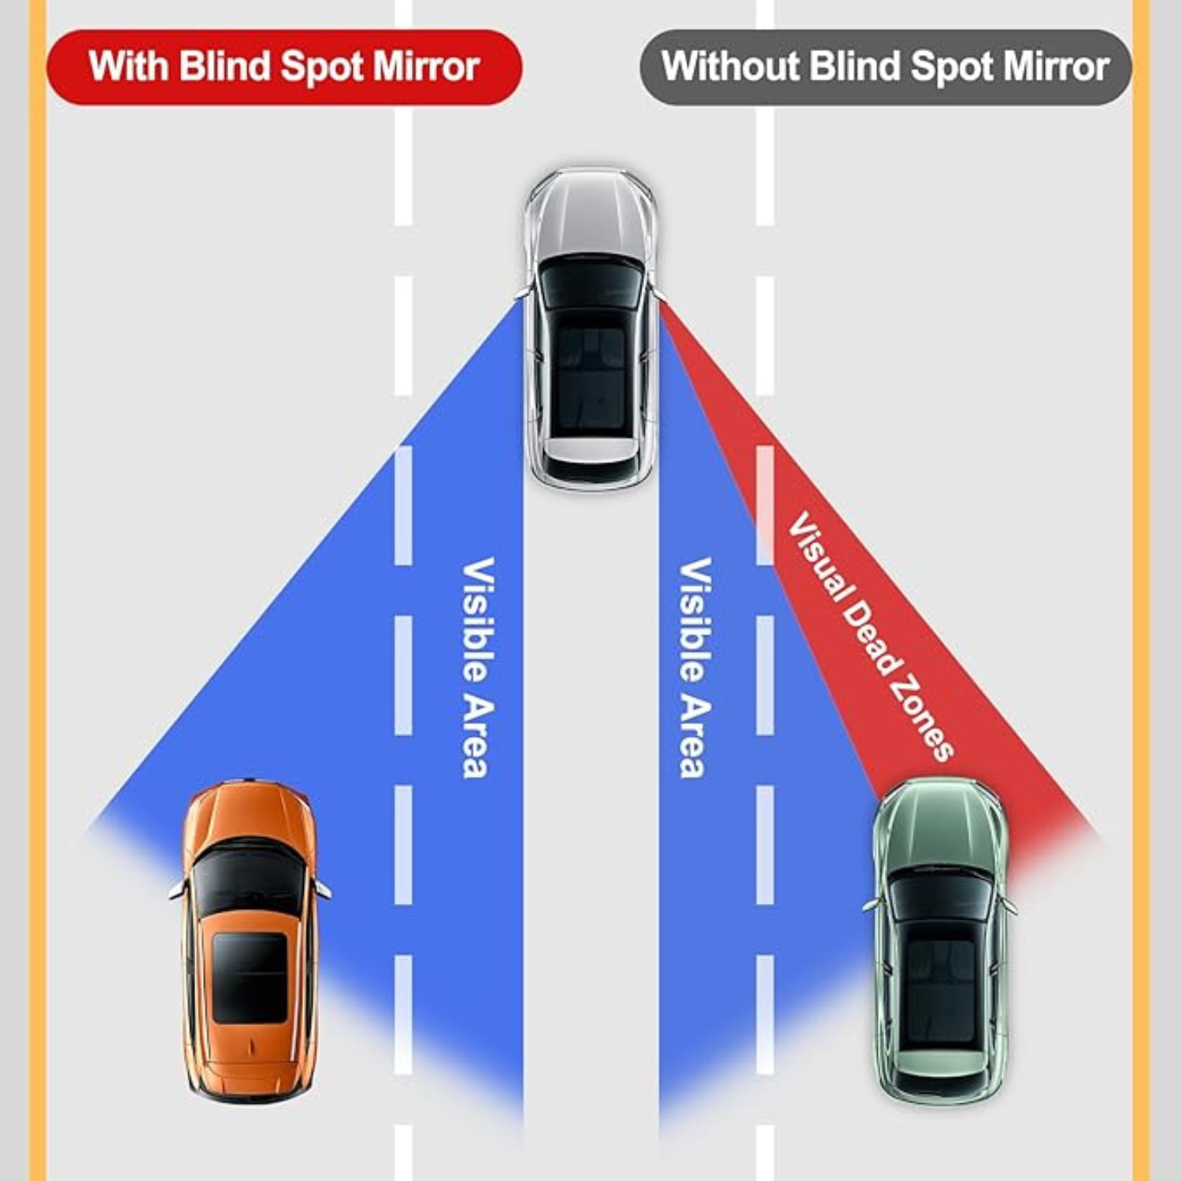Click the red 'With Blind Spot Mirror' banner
(283, 67)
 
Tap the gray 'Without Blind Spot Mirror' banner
(885, 67)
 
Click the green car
(941, 941)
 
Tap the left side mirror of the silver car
(522, 293)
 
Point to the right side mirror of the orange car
(323, 889)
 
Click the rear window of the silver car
(590, 469)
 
